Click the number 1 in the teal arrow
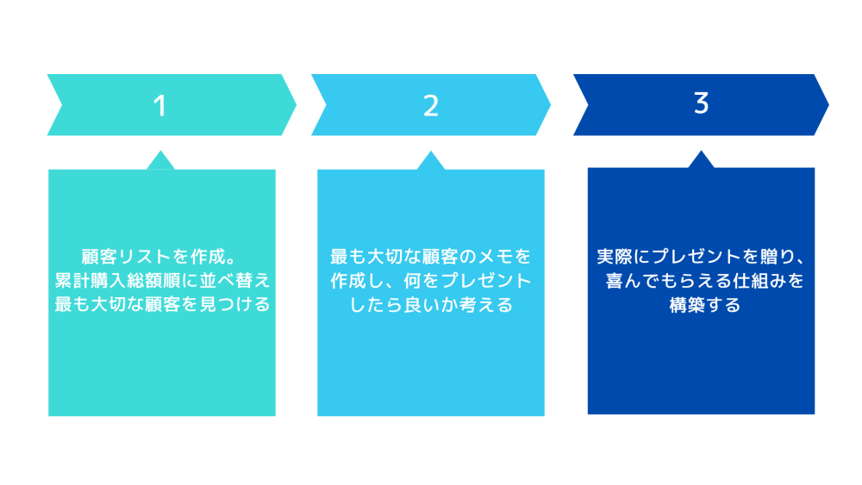(x=160, y=105)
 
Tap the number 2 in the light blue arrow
(x=431, y=105)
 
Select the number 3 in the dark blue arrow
(x=701, y=103)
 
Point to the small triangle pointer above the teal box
(x=160, y=160)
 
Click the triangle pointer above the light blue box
(x=430, y=160)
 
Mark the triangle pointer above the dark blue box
(x=701, y=159)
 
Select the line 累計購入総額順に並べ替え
(x=162, y=280)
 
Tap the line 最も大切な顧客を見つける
(x=162, y=304)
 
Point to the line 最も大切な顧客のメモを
(x=431, y=257)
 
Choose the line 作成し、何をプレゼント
(x=431, y=281)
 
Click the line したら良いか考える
(x=431, y=304)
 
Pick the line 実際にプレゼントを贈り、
(x=702, y=257)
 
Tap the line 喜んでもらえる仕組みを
(x=705, y=281)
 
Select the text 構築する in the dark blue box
(x=705, y=304)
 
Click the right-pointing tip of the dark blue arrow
(x=828, y=105)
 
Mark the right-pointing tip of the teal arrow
(x=297, y=105)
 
